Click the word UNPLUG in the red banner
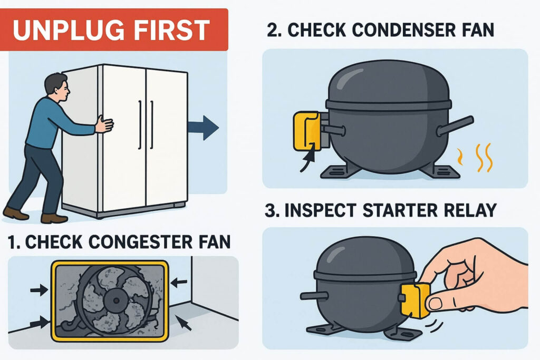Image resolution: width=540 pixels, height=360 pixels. tap(69, 30)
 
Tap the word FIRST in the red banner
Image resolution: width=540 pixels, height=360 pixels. tap(171, 30)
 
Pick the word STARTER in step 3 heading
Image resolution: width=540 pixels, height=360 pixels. tap(400, 210)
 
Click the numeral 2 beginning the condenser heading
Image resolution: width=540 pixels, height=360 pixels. tap(273, 30)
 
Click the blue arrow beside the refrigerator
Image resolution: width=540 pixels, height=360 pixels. tap(203, 128)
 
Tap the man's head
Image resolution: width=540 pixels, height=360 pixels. tap(57, 87)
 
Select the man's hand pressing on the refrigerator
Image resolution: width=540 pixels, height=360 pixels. tap(104, 124)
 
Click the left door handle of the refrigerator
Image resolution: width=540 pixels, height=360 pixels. tap(140, 124)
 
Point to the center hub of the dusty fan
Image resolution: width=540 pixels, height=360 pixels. tap(115, 300)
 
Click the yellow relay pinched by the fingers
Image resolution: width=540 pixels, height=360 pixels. tap(414, 300)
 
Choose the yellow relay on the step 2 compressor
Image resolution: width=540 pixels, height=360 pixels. tap(306, 131)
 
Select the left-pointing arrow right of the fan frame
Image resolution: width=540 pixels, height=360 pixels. tap(179, 283)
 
